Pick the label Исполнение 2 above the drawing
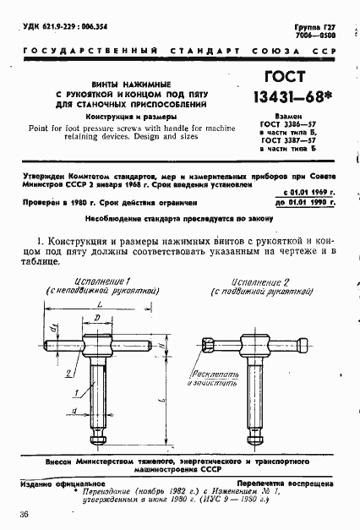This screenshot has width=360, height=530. point(265,281)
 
